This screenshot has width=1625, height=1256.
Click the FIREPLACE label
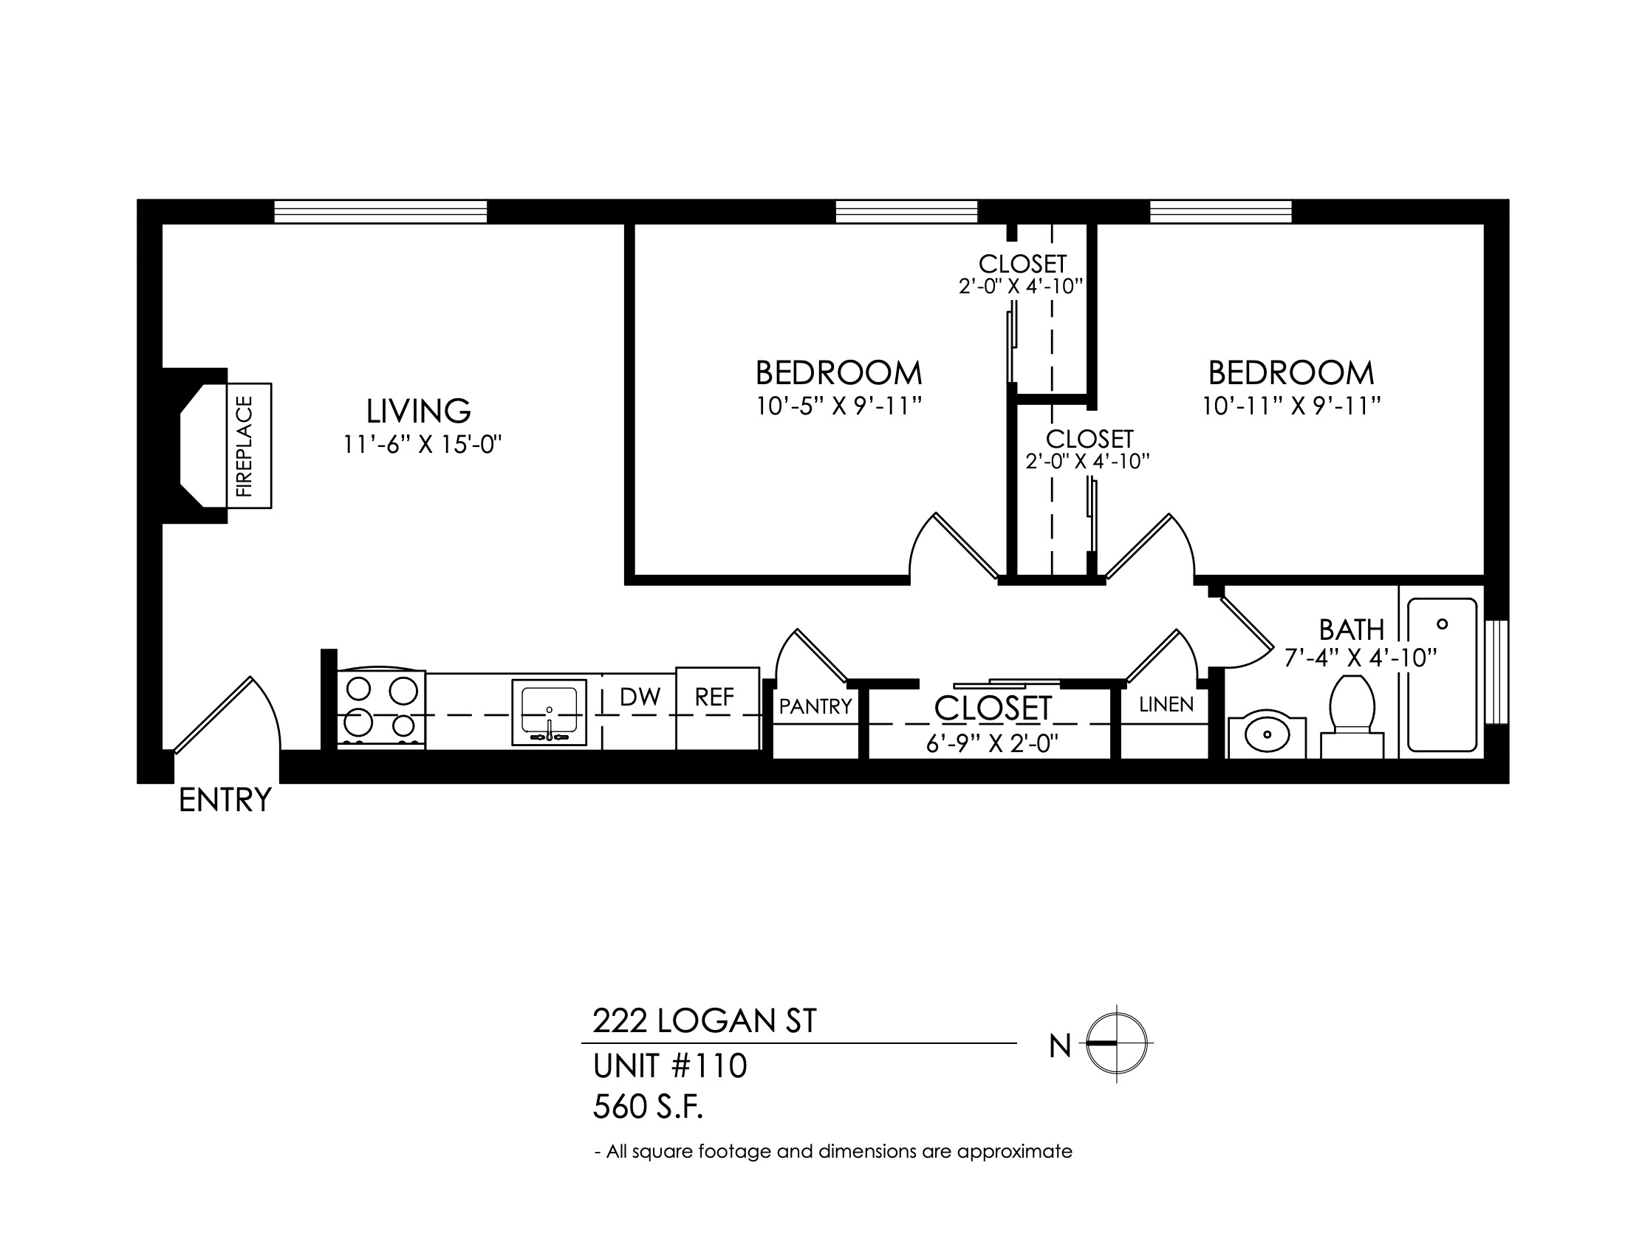coord(244,446)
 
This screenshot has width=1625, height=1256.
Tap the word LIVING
coord(418,411)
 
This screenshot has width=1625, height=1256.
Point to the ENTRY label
coord(225,800)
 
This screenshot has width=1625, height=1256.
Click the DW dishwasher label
coord(640,697)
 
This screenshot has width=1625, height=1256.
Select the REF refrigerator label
coord(714,697)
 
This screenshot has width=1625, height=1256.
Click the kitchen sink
coord(549,712)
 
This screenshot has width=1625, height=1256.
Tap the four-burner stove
coord(382,709)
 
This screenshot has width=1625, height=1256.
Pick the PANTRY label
coord(815,706)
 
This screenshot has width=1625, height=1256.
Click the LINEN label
coord(1166,705)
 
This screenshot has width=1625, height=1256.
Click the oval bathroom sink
coord(1266,737)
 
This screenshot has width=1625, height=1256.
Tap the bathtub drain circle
coord(1442,624)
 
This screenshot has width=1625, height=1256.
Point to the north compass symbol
coord(1117,1043)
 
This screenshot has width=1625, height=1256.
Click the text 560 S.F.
coord(648,1107)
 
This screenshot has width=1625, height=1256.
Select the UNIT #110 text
coord(670,1066)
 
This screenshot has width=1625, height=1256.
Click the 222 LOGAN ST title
coord(705,1021)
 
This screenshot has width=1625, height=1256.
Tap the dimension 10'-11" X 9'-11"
coord(1292,406)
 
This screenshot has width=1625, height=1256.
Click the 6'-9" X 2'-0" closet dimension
coord(992,743)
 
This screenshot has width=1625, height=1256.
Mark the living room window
coord(381,211)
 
